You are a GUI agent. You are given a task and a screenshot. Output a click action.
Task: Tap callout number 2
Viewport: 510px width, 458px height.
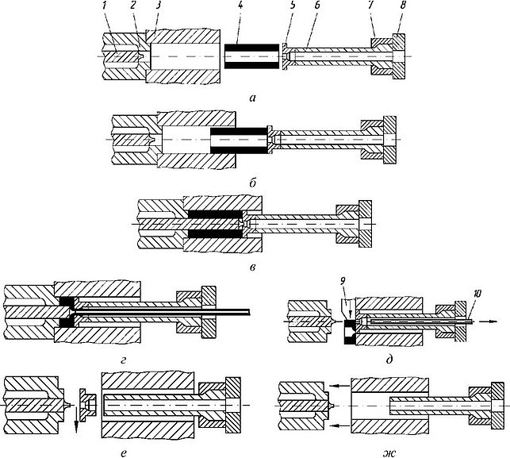[135, 7]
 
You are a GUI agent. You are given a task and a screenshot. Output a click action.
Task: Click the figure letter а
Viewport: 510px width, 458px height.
[251, 98]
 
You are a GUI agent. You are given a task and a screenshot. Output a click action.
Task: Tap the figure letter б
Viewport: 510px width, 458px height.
[251, 183]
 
